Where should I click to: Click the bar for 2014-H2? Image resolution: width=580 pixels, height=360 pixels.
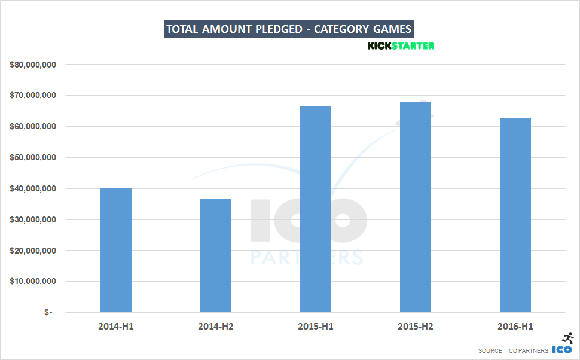click(215, 255)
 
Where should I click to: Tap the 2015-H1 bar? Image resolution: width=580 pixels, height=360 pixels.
click(315, 209)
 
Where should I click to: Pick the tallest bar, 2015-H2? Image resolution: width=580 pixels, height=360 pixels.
click(415, 207)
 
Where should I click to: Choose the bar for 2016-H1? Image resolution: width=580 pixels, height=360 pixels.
click(515, 215)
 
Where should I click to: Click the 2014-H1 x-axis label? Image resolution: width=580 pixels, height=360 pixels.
click(115, 327)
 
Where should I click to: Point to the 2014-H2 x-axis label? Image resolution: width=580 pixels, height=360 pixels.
click(215, 327)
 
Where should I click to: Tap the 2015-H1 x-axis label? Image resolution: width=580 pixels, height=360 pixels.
click(315, 327)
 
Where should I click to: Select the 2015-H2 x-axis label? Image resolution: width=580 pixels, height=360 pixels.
click(415, 327)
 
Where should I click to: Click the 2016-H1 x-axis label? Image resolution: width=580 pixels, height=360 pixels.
click(515, 327)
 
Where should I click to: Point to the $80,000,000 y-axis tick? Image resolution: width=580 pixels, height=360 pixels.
click(33, 65)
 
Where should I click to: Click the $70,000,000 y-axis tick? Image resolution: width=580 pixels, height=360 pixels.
click(33, 96)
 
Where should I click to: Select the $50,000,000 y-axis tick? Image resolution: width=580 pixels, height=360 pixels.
click(33, 158)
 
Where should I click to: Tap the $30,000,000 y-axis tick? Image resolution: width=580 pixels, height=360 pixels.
click(33, 219)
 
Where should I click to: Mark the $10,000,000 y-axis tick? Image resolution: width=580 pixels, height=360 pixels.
click(33, 282)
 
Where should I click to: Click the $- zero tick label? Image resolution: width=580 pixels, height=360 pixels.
click(48, 313)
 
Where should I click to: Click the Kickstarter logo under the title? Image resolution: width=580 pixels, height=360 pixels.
click(401, 45)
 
